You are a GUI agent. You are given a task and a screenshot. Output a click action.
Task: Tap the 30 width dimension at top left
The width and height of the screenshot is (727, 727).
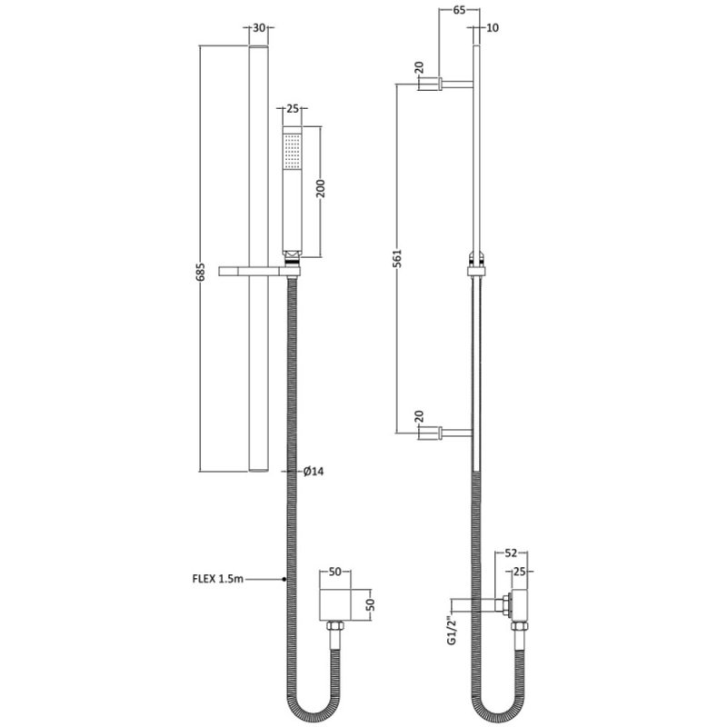[259, 28]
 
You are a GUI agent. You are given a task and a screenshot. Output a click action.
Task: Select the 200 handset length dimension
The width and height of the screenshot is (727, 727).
[321, 188]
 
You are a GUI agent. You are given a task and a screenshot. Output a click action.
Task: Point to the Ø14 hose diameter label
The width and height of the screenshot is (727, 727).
[314, 472]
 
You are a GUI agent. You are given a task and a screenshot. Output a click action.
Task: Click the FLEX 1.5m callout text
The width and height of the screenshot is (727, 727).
[217, 579]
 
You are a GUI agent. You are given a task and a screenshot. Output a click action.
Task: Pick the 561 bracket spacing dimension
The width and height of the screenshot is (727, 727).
[397, 258]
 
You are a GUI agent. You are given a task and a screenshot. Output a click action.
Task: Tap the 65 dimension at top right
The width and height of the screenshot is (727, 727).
[459, 10]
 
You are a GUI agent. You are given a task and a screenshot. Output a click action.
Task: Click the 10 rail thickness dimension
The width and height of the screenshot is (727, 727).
[493, 28]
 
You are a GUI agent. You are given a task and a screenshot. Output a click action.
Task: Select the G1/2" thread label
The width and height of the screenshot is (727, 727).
[451, 630]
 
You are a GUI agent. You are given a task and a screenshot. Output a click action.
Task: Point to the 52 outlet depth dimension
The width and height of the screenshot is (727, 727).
[511, 553]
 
